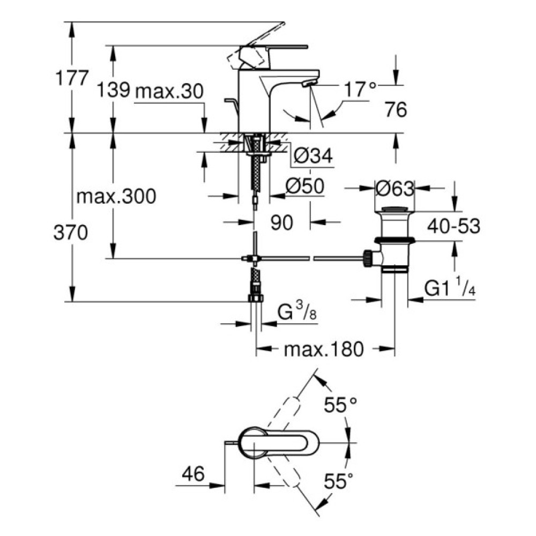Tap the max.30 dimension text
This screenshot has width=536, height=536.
[x=169, y=91]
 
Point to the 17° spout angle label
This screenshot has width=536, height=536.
[x=360, y=90]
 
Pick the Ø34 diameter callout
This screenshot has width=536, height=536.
[x=314, y=156]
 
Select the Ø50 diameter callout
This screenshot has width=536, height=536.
[x=303, y=186]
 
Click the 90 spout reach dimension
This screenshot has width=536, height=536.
[x=281, y=222]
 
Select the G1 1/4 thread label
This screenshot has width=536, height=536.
[x=450, y=289]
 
